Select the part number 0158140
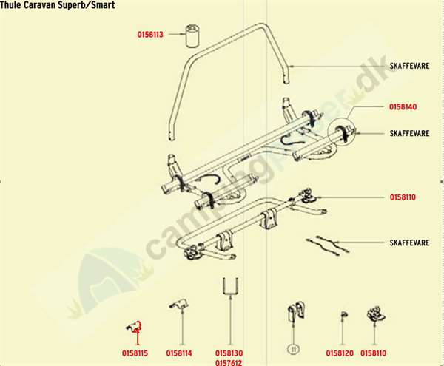coord(403,107)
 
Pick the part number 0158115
coord(136,353)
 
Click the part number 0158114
coord(179,353)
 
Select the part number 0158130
coord(229,353)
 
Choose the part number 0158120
coord(339,353)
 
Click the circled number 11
coord(292,347)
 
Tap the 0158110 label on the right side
coord(403,198)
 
